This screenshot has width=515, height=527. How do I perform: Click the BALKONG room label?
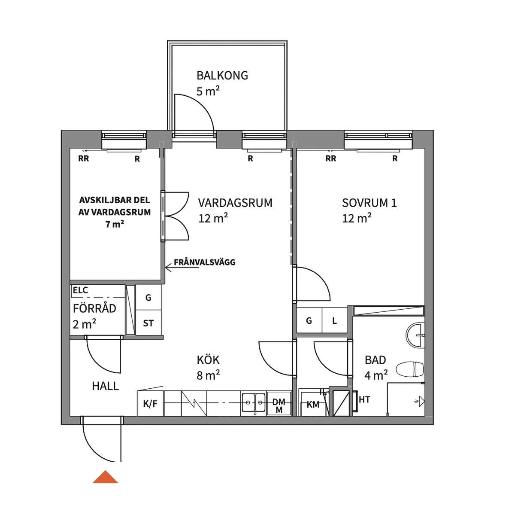[222, 76]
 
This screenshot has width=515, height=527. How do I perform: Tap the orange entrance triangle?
[105, 477]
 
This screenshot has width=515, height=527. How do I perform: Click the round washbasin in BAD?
[415, 335]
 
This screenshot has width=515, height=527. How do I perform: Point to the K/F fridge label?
[150, 404]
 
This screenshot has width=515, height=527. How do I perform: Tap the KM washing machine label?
[313, 405]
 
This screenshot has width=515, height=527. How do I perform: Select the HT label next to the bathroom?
[364, 399]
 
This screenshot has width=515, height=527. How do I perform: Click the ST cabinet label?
[148, 323]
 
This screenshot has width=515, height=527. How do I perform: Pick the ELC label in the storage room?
[80, 290]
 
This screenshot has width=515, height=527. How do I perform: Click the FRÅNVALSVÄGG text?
[205, 262]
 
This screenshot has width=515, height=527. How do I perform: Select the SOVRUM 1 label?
[369, 203]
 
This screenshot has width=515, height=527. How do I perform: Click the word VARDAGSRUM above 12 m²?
[235, 203]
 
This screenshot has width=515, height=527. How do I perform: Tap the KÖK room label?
[208, 360]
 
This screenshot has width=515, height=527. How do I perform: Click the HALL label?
[105, 386]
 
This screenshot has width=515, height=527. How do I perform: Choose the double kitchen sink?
[254, 403]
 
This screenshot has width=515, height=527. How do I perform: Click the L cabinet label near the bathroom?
[335, 321]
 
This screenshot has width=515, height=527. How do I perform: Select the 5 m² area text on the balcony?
[208, 91]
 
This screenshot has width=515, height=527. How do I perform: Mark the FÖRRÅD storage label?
[94, 308]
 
